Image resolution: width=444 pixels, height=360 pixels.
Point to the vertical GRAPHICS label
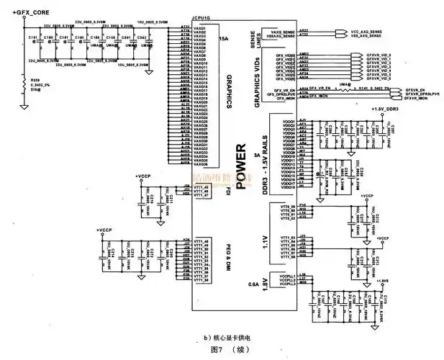point(229,90)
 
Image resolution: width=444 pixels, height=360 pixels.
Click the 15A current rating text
point(223,37)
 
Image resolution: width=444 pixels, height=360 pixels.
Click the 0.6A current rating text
point(253,284)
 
